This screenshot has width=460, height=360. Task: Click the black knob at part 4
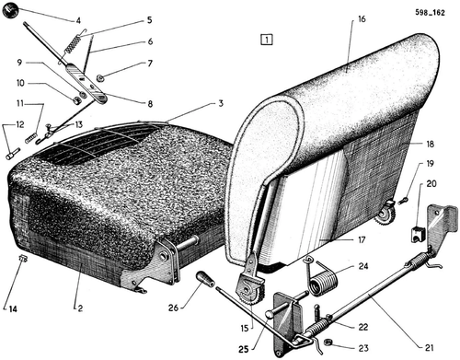[x=10, y=11]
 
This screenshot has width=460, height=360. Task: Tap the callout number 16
[x=362, y=19]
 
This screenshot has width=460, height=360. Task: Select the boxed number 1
[x=267, y=40]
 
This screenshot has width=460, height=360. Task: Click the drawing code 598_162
[x=430, y=13]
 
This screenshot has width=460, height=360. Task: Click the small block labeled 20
[x=418, y=234]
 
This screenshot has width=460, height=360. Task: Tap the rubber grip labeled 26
[x=205, y=279]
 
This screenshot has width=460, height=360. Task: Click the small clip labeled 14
[x=23, y=260]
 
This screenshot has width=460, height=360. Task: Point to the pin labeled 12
[x=13, y=154]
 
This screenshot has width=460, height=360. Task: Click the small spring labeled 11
[x=30, y=137]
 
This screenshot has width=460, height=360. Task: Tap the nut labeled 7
[x=100, y=78]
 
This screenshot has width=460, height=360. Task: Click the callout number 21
[x=430, y=347]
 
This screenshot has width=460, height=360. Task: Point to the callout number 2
[x=80, y=308]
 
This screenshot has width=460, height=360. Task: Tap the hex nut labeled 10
[x=75, y=100]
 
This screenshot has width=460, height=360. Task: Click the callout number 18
[x=431, y=144]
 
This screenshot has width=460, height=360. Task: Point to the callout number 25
[x=244, y=349]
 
